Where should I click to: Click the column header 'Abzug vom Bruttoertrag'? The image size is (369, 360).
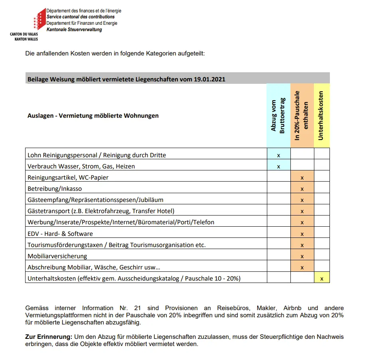(278, 115)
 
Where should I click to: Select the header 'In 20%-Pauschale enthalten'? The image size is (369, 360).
(302, 115)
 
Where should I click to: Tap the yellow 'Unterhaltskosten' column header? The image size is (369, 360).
(322, 115)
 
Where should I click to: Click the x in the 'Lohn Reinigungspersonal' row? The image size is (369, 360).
(278, 155)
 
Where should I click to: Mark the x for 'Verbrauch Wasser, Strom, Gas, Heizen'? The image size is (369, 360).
(278, 166)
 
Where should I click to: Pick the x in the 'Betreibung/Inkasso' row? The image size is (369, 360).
(302, 189)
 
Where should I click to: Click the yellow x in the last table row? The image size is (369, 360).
(322, 279)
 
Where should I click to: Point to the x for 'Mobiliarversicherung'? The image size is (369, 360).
(302, 256)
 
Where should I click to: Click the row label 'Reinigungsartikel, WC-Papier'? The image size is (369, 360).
(68, 177)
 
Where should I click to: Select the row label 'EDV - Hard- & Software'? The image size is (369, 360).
(60, 233)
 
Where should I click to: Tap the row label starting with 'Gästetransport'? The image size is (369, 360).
(101, 211)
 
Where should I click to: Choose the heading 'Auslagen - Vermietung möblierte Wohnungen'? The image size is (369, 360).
(93, 116)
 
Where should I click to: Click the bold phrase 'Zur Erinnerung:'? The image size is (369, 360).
(49, 337)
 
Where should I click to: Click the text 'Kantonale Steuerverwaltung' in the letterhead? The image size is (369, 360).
(74, 30)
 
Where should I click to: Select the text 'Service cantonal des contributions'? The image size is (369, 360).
(81, 17)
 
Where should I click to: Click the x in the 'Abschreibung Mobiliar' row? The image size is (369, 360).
(302, 267)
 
